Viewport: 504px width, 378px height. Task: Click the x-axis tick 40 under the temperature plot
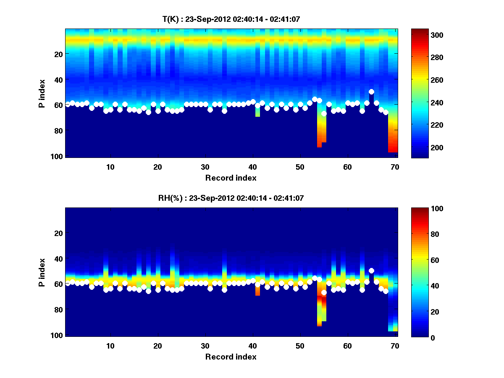click(x=252, y=166)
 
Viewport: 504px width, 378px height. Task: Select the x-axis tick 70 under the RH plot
click(x=395, y=346)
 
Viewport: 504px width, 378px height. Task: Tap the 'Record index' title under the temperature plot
click(x=231, y=178)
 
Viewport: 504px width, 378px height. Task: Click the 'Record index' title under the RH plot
click(x=231, y=357)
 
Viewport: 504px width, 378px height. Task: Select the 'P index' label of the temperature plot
click(x=42, y=93)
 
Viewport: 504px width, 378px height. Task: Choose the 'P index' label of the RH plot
click(x=42, y=272)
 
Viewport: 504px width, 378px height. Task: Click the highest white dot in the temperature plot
click(x=371, y=92)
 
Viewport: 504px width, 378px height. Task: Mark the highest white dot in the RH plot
click(x=371, y=270)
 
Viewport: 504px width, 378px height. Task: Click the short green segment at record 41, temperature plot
click(x=257, y=112)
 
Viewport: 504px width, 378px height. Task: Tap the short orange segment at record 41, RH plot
click(x=257, y=291)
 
